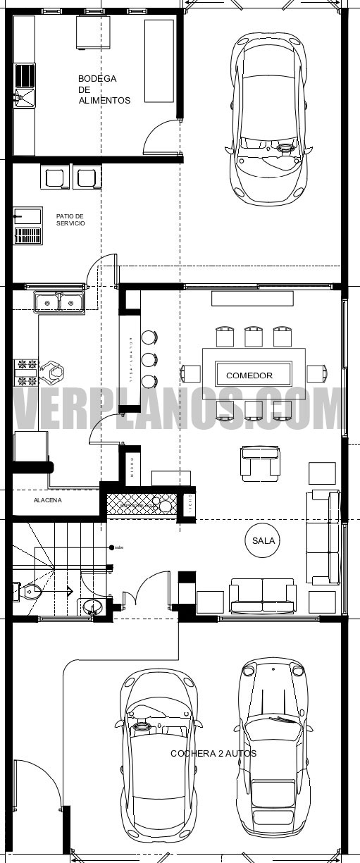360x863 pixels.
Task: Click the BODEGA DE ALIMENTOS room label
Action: click(104, 89)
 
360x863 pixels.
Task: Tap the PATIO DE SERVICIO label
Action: click(70, 219)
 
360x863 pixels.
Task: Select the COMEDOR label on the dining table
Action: click(249, 375)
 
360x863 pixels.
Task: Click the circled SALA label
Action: click(262, 540)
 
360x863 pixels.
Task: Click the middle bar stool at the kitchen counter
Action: click(149, 359)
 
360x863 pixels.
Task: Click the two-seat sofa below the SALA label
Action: click(262, 596)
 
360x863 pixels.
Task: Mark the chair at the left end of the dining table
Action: click(190, 373)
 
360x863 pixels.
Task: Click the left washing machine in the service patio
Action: click(54, 176)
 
